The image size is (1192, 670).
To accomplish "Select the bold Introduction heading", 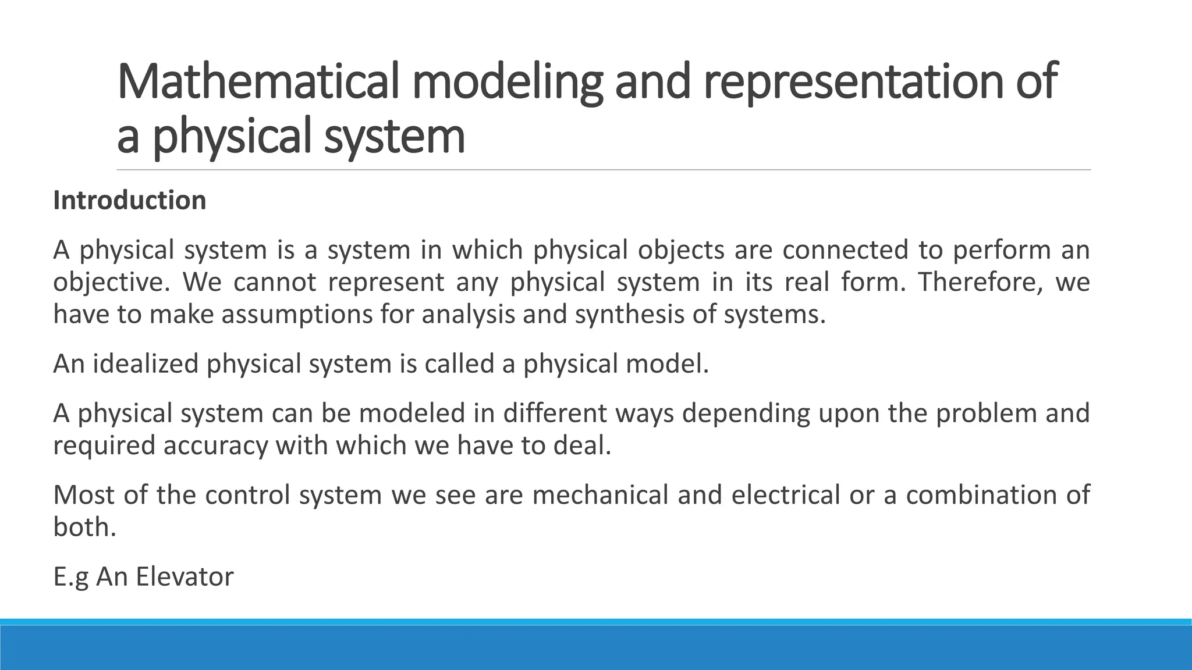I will pyautogui.click(x=129, y=200).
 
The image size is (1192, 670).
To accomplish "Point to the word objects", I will pyautogui.click(x=680, y=250).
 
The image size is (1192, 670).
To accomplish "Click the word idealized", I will pyautogui.click(x=146, y=364).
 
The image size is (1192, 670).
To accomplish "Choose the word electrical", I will pyautogui.click(x=785, y=495).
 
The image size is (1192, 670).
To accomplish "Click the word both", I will pyautogui.click(x=84, y=527).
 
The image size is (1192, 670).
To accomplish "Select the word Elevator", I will pyautogui.click(x=185, y=577).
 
